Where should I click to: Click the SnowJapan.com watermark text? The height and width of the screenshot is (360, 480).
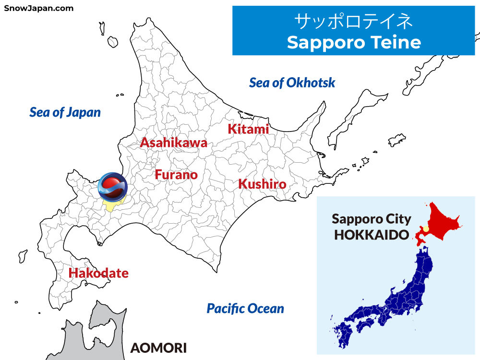[39, 8]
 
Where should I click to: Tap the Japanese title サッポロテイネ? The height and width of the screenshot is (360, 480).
[354, 22]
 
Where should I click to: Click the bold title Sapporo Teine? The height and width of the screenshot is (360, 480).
[354, 42]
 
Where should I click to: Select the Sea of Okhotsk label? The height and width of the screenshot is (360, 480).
[292, 83]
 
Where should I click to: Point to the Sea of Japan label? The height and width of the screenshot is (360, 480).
[65, 112]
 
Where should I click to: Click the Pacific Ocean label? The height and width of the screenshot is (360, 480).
[245, 309]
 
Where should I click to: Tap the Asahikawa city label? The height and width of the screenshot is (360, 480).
[173, 143]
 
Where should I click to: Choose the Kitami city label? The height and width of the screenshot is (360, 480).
[248, 129]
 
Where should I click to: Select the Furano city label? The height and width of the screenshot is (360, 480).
[176, 175]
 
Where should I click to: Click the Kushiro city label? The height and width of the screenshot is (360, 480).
[262, 184]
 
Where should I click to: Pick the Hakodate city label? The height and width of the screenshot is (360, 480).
[98, 274]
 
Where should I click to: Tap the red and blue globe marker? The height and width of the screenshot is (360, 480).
[112, 186]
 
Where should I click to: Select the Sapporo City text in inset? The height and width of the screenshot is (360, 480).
[372, 219]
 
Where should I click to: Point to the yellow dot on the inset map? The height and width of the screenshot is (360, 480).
[425, 228]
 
